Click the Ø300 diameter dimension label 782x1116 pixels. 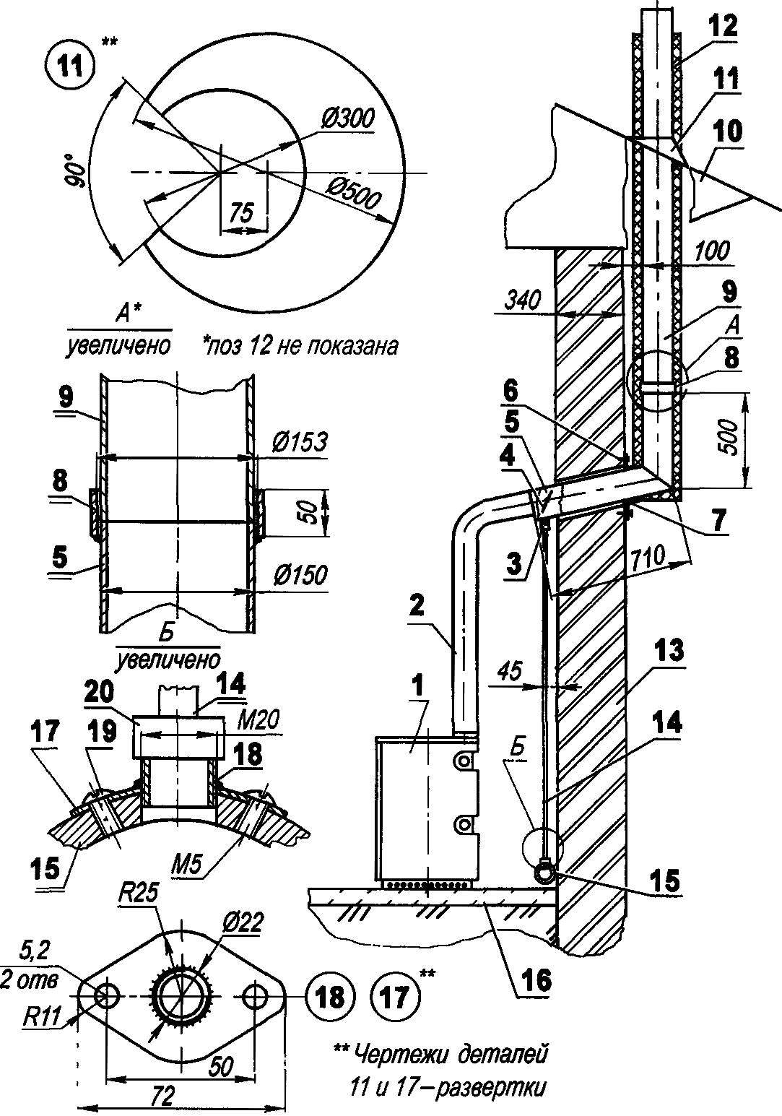347,121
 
